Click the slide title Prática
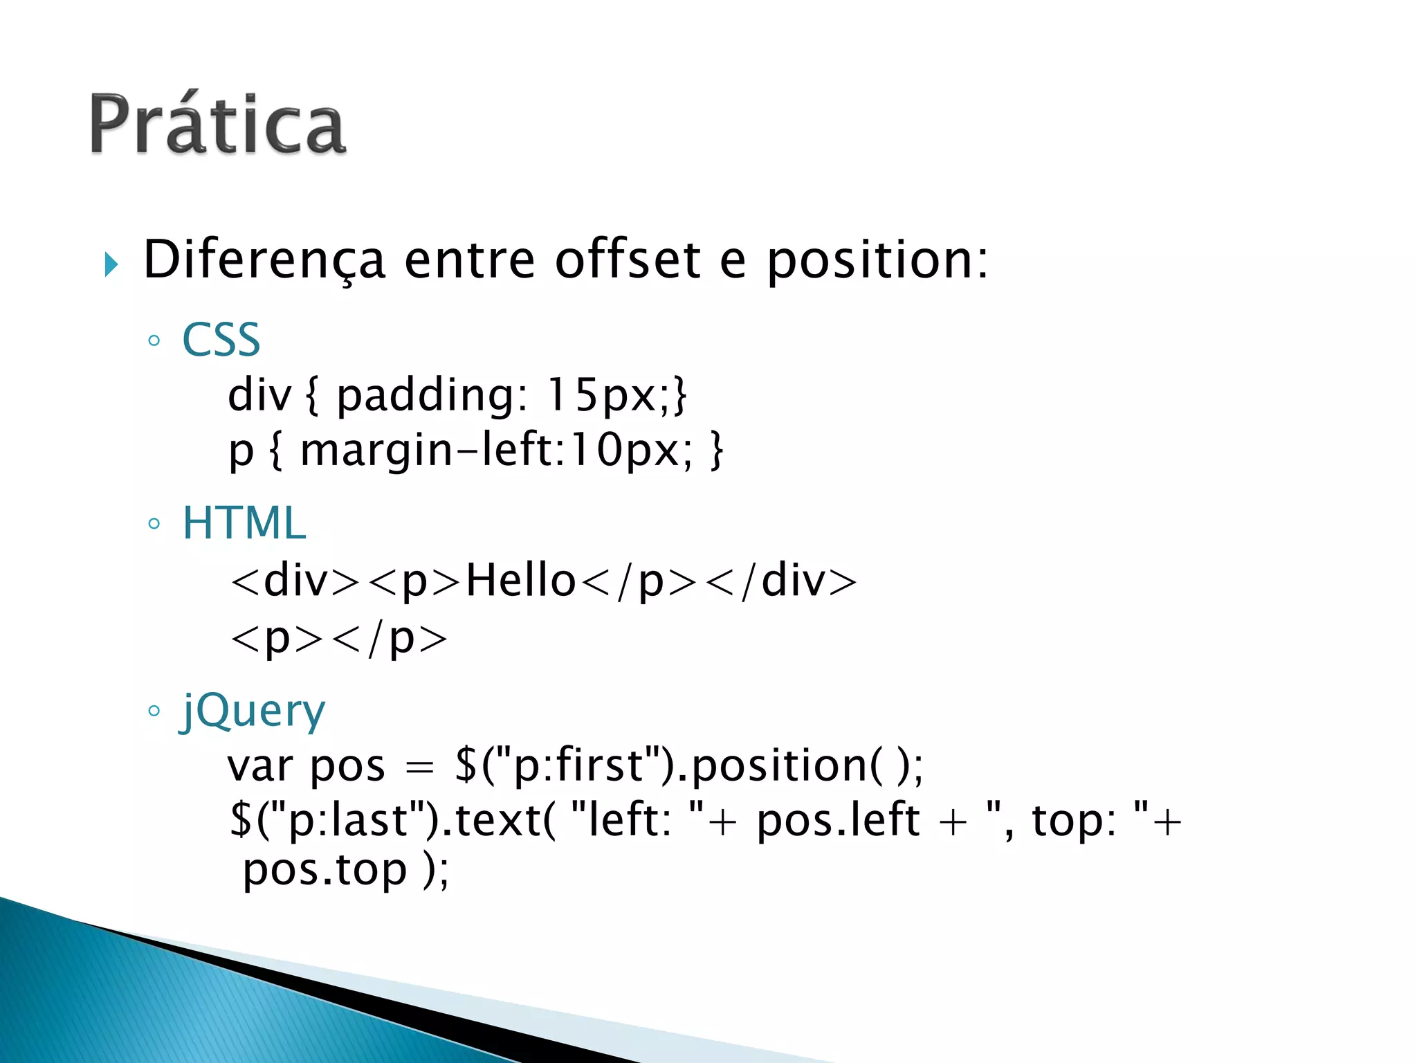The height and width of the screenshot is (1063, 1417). [x=217, y=125]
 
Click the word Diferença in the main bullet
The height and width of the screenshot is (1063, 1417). [x=264, y=260]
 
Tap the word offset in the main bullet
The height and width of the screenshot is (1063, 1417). [x=628, y=260]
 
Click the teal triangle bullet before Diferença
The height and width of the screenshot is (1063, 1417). [x=111, y=264]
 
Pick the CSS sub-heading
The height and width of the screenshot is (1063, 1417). [x=221, y=340]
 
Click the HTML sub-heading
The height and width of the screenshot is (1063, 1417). [x=244, y=523]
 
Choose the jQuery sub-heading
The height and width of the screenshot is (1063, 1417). [x=253, y=711]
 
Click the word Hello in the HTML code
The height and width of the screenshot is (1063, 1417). [x=520, y=580]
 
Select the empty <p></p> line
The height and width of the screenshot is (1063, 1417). [x=339, y=638]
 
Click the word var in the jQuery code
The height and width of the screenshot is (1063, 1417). [x=260, y=767]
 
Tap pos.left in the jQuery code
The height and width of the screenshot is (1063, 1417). [x=838, y=821]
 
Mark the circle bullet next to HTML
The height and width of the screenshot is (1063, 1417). [x=154, y=524]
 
